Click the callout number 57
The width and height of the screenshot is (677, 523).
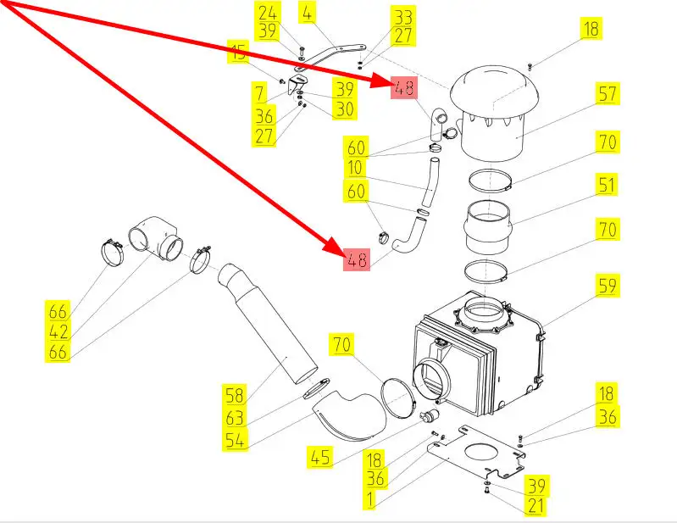click(608, 93)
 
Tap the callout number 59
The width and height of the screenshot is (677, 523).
click(608, 286)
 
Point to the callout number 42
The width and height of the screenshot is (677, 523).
click(58, 331)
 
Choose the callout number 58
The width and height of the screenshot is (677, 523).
click(235, 394)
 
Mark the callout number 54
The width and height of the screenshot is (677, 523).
click(235, 440)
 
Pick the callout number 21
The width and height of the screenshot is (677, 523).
click(536, 507)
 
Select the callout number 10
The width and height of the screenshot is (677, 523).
click(354, 168)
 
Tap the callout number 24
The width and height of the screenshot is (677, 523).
click(267, 13)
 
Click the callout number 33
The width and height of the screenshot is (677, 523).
click(402, 17)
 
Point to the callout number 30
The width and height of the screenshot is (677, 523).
click(344, 109)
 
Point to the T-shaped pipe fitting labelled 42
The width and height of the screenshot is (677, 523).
click(157, 237)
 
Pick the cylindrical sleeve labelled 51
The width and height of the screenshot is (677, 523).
click(489, 227)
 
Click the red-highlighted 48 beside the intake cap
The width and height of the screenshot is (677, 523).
click(403, 86)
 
